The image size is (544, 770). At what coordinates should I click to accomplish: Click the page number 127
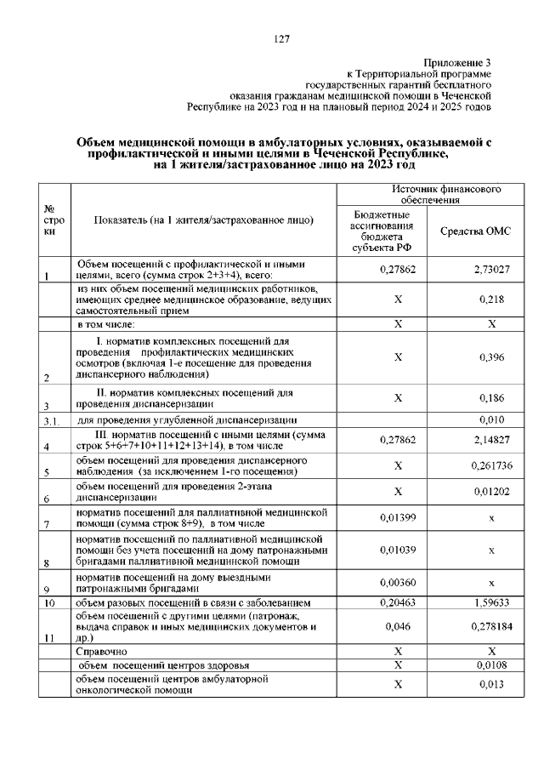coord(283,40)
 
